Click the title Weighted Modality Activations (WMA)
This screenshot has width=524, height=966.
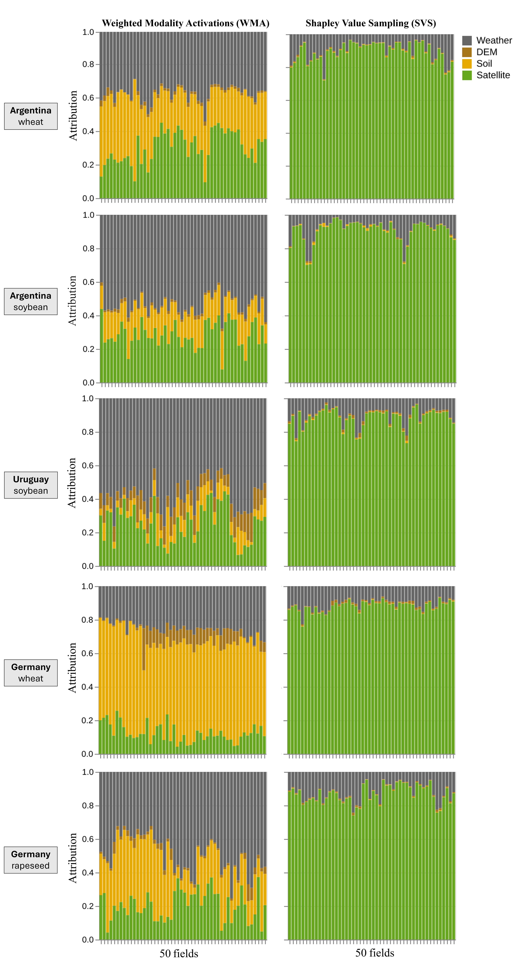pyautogui.click(x=185, y=23)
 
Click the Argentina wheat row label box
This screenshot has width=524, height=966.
pyautogui.click(x=31, y=116)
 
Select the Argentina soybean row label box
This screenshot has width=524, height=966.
pyautogui.click(x=31, y=302)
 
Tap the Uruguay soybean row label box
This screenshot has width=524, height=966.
pyautogui.click(x=31, y=485)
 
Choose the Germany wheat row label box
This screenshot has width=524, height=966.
pyautogui.click(x=31, y=673)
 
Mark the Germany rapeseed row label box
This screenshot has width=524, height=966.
pyautogui.click(x=31, y=860)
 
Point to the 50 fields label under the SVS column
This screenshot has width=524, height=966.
pyautogui.click(x=375, y=953)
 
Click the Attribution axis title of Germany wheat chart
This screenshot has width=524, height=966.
pyautogui.click(x=72, y=668)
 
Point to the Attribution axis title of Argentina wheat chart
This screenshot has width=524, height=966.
pyautogui.click(x=73, y=115)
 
